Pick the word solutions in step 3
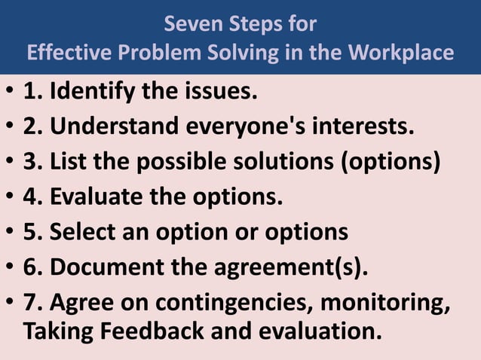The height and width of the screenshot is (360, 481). (x=291, y=162)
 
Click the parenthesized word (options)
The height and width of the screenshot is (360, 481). (x=397, y=162)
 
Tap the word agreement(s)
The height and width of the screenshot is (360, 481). (x=291, y=267)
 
